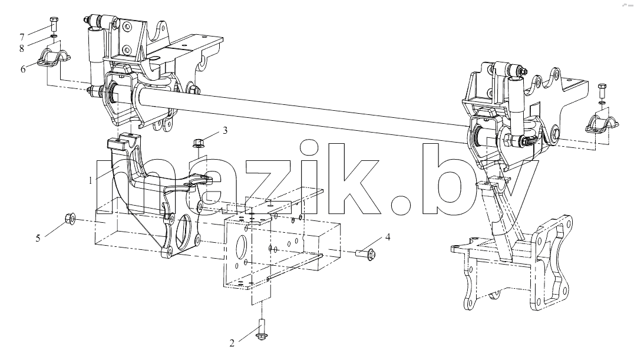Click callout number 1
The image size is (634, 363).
click(91, 181)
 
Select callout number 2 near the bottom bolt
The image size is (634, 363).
click(232, 344)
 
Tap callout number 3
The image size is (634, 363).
click(225, 131)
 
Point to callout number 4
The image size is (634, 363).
click(388, 237)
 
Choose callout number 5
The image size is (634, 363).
click(38, 238)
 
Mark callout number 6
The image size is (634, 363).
click(23, 69)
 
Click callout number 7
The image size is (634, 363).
click(22, 38)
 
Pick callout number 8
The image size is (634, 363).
click(22, 48)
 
